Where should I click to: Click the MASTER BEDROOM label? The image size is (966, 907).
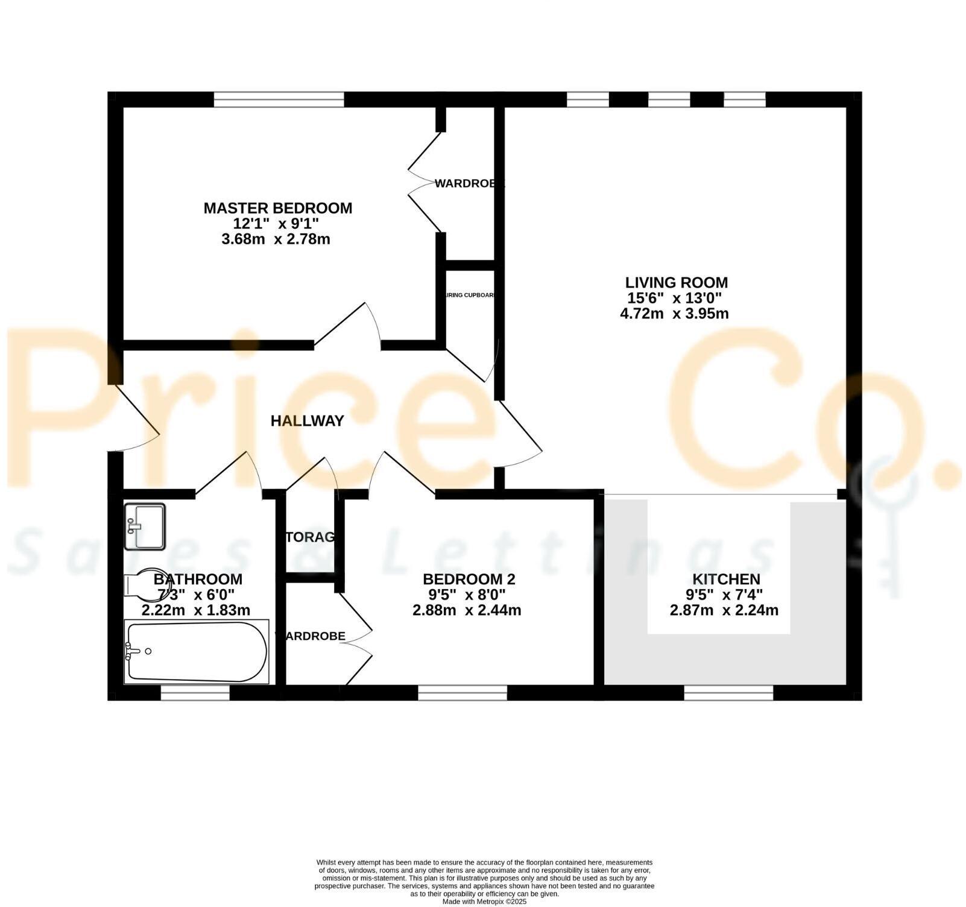click(x=277, y=208)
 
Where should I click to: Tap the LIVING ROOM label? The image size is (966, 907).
click(x=676, y=282)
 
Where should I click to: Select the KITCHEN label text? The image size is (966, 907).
click(x=725, y=579)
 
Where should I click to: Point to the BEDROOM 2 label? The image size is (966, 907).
click(x=469, y=579)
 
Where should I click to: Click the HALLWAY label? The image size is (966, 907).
click(x=307, y=421)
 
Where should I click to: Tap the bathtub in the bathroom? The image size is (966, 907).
click(x=197, y=652)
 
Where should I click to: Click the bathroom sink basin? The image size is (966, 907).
click(x=145, y=526)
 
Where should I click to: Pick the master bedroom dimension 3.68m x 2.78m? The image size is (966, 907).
click(x=276, y=239)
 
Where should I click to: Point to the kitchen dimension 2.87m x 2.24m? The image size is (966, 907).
click(x=724, y=610)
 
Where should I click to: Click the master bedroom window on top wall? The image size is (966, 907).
click(x=279, y=100)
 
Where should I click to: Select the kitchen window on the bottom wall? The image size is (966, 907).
click(x=728, y=693)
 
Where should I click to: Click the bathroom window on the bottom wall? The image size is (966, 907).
click(x=195, y=693)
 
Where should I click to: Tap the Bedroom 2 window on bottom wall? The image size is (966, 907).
click(x=462, y=693)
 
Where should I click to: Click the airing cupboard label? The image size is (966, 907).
click(x=470, y=295)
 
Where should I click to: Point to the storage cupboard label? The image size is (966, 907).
click(x=310, y=537)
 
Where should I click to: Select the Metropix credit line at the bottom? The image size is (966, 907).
click(x=484, y=902)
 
